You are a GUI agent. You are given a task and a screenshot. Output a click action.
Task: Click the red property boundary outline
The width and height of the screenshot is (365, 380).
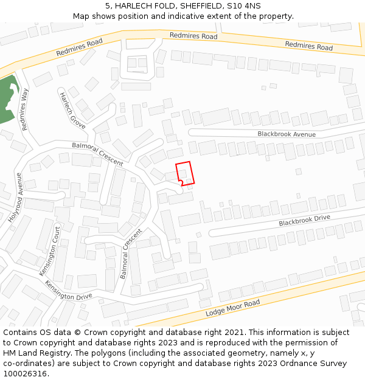coord(185,173)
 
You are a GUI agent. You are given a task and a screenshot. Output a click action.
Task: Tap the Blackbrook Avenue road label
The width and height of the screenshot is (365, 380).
coord(287,134)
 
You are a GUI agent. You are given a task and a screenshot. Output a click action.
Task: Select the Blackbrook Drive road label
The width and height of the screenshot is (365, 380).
coord(304,220)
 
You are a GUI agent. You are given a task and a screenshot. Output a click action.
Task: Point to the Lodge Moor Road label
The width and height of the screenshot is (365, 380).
coord(232,308)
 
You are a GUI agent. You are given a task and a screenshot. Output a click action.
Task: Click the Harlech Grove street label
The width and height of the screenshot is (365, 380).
coord(72,110)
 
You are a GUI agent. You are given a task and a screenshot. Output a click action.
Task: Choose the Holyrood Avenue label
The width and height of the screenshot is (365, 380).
coord(15,197)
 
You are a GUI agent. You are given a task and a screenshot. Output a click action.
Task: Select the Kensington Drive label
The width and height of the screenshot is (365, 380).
coord(68,292)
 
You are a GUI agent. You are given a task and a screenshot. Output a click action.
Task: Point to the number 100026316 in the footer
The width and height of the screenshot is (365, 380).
coord(25,374)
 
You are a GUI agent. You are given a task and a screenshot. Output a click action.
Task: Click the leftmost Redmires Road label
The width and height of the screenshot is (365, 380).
coord(79,47)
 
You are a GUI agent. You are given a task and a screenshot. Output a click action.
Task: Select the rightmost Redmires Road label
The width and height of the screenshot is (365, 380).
coord(308,46)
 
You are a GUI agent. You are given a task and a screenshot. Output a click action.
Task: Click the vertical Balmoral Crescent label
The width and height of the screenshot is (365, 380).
coord(131,254)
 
